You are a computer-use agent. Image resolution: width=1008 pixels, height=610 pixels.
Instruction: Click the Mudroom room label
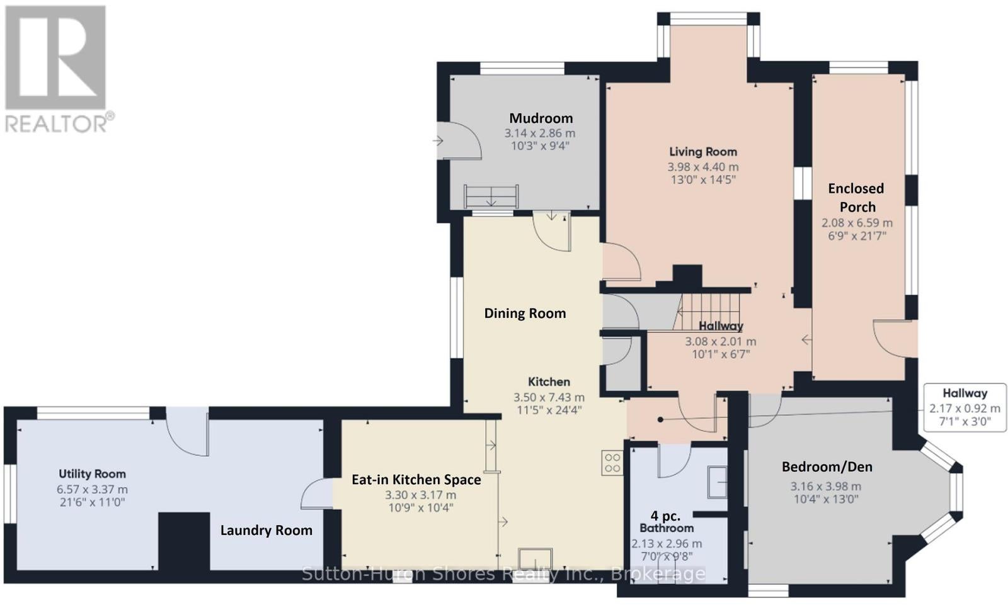pos(541,118)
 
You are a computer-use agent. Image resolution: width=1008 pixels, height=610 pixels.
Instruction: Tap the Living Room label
pos(703,152)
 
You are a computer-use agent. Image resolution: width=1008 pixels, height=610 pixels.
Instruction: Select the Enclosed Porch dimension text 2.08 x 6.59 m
pos(857,223)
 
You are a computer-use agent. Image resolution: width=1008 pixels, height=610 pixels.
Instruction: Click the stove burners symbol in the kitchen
pos(612,463)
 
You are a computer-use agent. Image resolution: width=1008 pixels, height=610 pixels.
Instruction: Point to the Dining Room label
pos(525,313)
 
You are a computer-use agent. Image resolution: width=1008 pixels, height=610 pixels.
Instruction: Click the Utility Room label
pos(92,474)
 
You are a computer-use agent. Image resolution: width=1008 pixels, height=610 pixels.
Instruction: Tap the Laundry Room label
pos(266,531)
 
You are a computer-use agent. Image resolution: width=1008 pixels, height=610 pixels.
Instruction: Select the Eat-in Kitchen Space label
pos(416,480)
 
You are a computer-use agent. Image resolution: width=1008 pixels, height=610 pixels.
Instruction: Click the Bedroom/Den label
pos(827,467)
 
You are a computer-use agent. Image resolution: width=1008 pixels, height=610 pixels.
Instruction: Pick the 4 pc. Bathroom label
pos(667,521)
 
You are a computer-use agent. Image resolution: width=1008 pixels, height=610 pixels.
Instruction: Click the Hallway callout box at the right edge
pos(965,408)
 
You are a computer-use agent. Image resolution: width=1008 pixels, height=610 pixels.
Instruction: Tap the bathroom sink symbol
pos(717,482)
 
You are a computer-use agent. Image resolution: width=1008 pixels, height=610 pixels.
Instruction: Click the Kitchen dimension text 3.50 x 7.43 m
pos(549,398)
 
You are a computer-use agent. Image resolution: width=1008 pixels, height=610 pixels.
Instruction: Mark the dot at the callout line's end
pos(660,420)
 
